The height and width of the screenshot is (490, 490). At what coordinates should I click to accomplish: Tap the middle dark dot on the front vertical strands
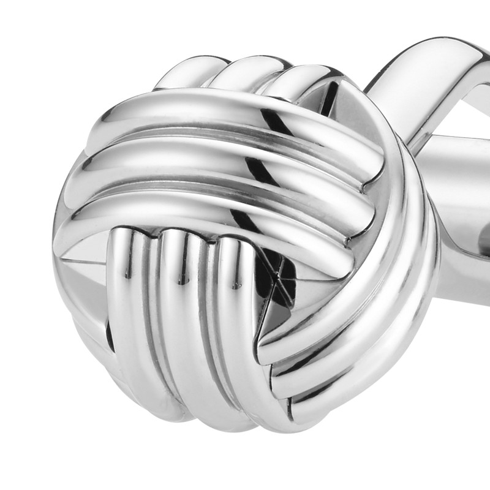tap(181, 282)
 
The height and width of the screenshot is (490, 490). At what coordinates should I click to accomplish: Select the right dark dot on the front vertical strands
tap(235, 285)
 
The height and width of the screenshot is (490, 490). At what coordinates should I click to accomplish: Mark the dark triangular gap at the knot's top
tap(331, 98)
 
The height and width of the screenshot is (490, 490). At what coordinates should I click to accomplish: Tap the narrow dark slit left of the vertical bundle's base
tap(109, 334)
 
